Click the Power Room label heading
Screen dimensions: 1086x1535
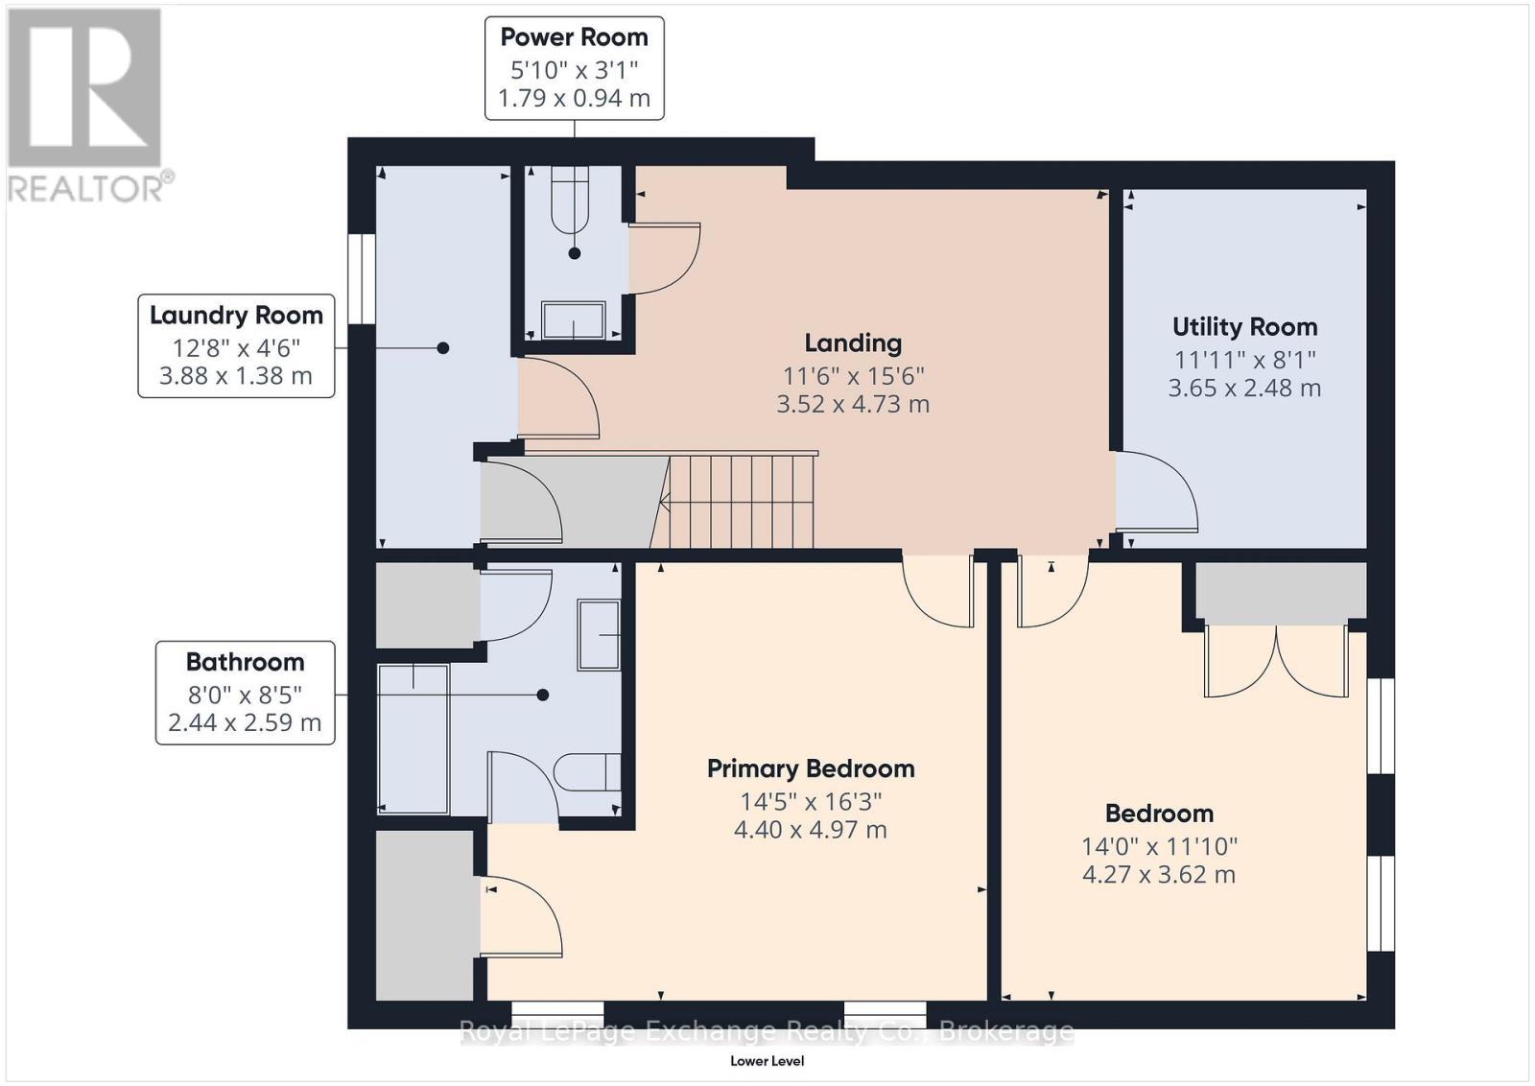[574, 37]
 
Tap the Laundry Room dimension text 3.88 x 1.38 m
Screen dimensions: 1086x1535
[236, 375]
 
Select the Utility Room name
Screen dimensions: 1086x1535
[1244, 327]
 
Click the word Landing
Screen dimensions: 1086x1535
[853, 342]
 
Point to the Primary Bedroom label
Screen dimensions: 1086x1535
[811, 768]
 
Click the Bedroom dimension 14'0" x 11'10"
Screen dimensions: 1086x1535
[1159, 846]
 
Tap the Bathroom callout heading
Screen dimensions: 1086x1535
[245, 662]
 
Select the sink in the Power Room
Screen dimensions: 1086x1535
[574, 319]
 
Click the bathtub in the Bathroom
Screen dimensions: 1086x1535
[413, 738]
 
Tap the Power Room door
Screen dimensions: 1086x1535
[664, 257]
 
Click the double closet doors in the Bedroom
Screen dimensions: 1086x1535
[1277, 661]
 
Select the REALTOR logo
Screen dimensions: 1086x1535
[86, 105]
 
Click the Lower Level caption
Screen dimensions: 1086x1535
[767, 1060]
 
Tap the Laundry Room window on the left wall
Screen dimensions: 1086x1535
[361, 278]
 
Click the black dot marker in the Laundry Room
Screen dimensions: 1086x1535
[443, 348]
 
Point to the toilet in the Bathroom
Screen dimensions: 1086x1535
[587, 771]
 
